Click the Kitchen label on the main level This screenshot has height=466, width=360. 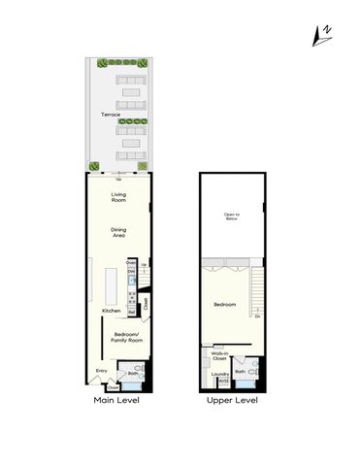click(112, 311)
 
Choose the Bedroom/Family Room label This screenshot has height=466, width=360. click(121, 338)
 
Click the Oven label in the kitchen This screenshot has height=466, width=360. click(130, 261)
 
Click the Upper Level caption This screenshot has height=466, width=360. click(232, 400)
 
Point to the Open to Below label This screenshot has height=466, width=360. click(231, 217)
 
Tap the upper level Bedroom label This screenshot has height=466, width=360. click(226, 305)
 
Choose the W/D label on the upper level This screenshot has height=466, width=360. click(222, 381)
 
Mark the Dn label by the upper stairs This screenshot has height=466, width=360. click(257, 316)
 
